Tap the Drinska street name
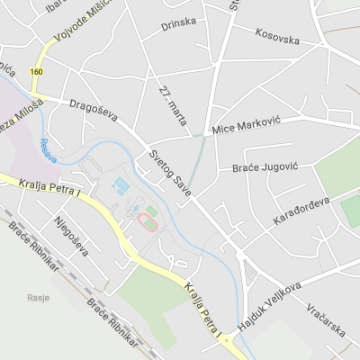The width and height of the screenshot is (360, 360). (x=178, y=24)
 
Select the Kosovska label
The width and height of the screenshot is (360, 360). (x=276, y=37)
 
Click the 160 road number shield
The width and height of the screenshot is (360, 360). (x=35, y=71)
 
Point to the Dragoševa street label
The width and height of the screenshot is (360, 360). (x=88, y=113)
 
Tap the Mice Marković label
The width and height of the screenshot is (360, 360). (x=247, y=128)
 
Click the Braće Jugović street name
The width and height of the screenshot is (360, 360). (x=265, y=167)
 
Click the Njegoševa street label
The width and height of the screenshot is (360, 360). (x=70, y=236)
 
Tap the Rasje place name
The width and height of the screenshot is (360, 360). (x=38, y=298)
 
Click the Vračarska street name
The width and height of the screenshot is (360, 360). (x=326, y=319)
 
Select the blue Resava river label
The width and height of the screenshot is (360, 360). (x=49, y=150)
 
